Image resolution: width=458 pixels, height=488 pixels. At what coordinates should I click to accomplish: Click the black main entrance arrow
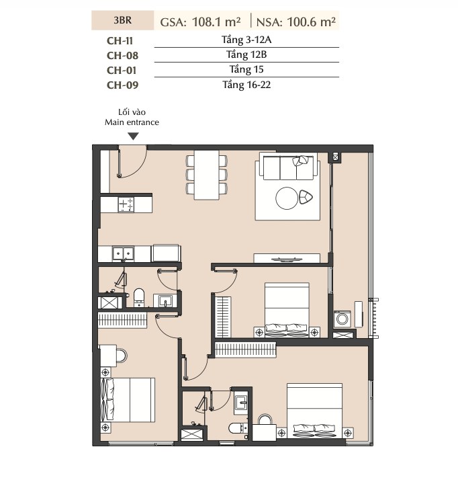[134, 136]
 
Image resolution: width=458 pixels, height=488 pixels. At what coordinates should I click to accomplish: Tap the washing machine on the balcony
[342, 319]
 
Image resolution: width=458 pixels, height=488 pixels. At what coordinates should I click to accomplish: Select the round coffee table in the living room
[287, 198]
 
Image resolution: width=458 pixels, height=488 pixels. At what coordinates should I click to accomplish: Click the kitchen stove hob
[126, 205]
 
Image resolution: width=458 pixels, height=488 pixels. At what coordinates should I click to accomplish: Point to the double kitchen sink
[123, 253]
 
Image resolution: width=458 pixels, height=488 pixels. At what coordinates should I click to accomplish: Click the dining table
[206, 175]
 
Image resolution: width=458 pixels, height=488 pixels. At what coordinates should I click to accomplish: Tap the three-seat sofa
[288, 168]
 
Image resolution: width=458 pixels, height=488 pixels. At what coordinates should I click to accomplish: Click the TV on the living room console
[286, 259]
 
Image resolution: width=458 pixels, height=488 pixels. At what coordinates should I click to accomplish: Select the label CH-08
[122, 56]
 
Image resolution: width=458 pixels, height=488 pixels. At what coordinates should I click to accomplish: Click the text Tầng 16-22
[246, 85]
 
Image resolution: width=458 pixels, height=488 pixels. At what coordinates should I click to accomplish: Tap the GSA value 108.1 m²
[216, 22]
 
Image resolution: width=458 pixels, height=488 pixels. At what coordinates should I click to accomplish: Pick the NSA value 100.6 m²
[311, 22]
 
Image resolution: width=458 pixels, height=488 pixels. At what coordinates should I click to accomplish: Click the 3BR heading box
[122, 20]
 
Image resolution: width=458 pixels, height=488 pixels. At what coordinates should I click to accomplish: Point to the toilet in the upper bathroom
[139, 297]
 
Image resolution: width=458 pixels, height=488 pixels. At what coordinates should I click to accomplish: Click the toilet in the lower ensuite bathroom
[238, 428]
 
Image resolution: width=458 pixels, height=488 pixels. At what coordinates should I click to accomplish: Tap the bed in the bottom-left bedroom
[128, 400]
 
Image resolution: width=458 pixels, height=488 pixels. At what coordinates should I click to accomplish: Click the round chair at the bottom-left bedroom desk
[122, 356]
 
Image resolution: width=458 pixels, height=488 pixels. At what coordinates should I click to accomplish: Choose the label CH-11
[120, 41]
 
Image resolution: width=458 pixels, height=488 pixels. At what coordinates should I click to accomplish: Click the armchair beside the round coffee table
[306, 197]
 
